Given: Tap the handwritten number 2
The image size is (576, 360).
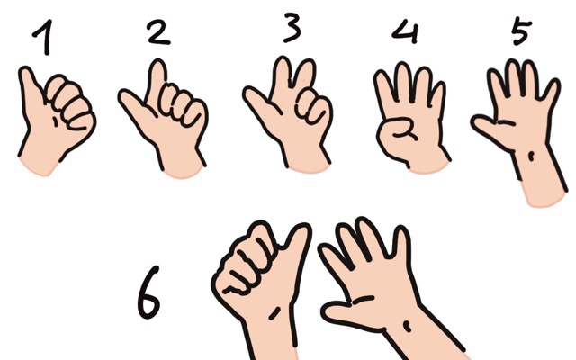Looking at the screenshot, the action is point(158,32).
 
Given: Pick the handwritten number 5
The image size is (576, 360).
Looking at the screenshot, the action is point(522,31).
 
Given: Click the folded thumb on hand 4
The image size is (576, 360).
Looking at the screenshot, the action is point(399,130).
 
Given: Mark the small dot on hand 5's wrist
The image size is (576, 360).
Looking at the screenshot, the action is point(531,157).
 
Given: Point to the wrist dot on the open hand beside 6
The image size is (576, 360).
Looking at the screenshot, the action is point(407,326).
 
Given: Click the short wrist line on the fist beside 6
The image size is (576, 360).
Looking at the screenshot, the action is point(274,313).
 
